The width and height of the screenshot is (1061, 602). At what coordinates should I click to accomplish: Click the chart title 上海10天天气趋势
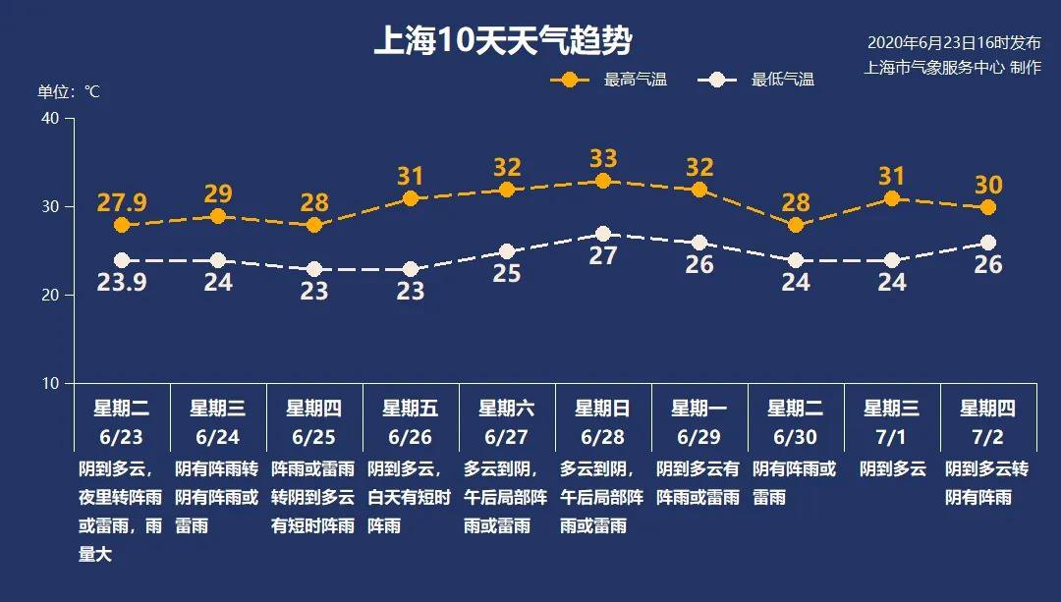(502, 41)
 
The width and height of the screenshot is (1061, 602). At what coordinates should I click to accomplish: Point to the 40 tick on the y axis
(50, 118)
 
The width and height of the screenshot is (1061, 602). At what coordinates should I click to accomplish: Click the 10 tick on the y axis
(50, 383)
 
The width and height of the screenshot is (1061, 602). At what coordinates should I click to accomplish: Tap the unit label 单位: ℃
(69, 91)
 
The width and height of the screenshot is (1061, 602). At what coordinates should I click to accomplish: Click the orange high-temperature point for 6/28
(603, 181)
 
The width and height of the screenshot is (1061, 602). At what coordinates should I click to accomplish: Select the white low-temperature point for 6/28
(603, 234)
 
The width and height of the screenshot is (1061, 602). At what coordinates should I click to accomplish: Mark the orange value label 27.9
(122, 203)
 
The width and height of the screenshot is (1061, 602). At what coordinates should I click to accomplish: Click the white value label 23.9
(122, 283)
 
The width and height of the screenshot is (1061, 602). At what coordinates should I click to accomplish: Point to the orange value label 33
(603, 158)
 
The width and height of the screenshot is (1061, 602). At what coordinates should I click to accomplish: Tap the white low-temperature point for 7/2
(988, 243)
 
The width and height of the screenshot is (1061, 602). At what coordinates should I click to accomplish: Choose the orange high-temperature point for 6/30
(796, 225)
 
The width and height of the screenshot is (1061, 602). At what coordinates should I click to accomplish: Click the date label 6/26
(411, 436)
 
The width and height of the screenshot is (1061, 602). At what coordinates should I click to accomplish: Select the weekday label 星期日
(603, 409)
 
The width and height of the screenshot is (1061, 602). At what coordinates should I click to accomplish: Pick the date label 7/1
(892, 436)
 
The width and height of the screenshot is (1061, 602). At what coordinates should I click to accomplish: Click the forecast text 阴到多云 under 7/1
(892, 469)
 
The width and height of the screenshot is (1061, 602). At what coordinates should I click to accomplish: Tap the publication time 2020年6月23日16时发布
(953, 43)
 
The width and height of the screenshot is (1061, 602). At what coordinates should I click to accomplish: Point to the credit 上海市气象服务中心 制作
(952, 68)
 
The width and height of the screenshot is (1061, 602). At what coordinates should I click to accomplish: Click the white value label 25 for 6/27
(507, 274)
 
